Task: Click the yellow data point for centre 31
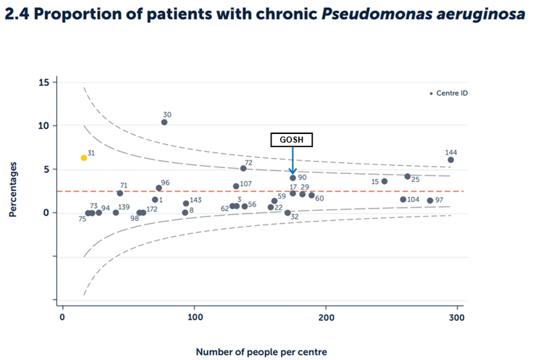(84, 157)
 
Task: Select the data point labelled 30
(164, 122)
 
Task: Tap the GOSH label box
(292, 140)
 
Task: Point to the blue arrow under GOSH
(292, 161)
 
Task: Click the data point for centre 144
(450, 160)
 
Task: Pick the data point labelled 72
(243, 168)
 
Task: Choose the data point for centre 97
(430, 201)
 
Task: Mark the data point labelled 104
(403, 199)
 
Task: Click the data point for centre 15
(384, 181)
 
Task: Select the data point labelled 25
(408, 176)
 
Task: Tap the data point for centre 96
(159, 188)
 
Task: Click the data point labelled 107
(236, 186)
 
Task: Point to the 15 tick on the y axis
(44, 83)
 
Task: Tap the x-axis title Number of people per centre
(261, 352)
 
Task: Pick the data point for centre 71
(120, 193)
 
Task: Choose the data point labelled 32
(287, 213)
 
